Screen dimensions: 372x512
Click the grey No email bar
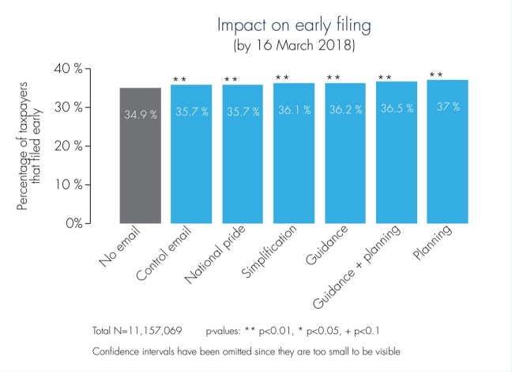click(141, 158)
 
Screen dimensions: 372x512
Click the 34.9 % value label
click(141, 115)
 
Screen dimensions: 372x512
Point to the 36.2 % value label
click(345, 110)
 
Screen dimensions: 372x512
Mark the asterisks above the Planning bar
click(435, 75)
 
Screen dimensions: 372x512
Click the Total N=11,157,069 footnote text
click(140, 329)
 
